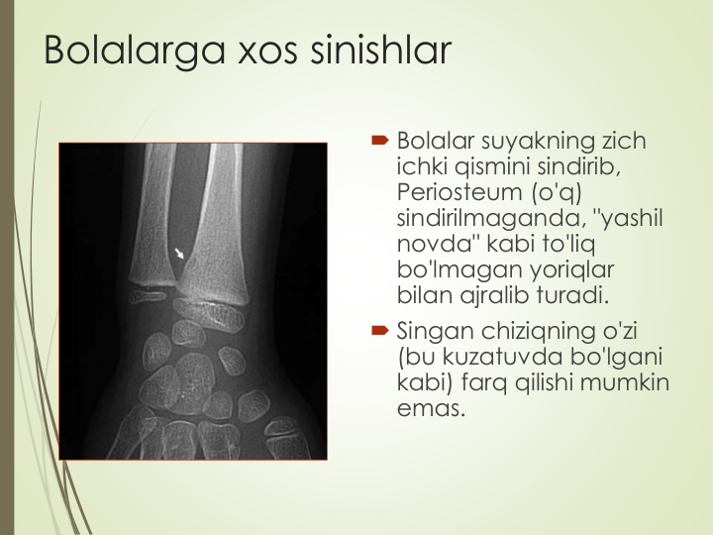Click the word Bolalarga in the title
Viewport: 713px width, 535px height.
point(135,51)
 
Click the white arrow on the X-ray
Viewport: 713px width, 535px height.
point(179,254)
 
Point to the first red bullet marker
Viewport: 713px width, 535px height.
point(379,140)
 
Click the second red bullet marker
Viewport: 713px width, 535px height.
point(379,330)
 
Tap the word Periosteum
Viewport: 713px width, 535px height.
point(459,192)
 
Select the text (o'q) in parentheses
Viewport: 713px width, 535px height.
point(557,192)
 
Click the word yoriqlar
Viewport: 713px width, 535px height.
point(572,270)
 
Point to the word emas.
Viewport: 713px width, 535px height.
point(431,408)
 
